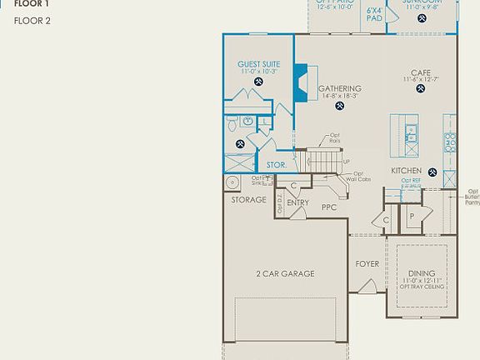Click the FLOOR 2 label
[x=32, y=20]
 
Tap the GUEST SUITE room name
[x=258, y=63]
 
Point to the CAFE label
[x=420, y=72]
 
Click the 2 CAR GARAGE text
[x=285, y=272]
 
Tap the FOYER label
[x=367, y=264]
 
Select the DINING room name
[x=422, y=272]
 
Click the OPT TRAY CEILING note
[x=422, y=287]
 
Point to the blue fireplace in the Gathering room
[x=300, y=83]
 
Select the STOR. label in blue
[x=276, y=165]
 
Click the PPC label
[x=328, y=207]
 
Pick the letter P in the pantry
[x=412, y=216]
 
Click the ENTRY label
[x=297, y=202]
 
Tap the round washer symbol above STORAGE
[x=232, y=182]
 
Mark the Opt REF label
[x=411, y=180]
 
